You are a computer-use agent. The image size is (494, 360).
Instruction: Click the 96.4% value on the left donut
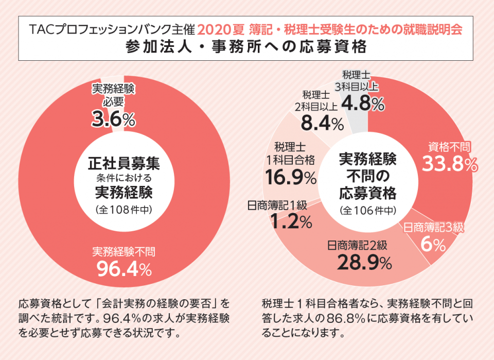pyautogui.click(x=123, y=268)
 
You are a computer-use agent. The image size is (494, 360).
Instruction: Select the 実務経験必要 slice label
pyautogui.click(x=113, y=94)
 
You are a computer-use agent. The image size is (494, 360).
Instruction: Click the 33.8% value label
pyautogui.click(x=450, y=164)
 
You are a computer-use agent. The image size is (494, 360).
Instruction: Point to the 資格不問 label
pyautogui.click(x=449, y=147)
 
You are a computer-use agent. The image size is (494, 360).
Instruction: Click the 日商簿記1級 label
pyautogui.click(x=277, y=205)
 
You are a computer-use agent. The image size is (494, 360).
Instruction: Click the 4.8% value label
pyautogui.click(x=363, y=104)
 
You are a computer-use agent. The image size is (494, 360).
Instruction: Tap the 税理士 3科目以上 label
pyautogui.click(x=356, y=81)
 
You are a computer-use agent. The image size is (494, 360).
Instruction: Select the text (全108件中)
pyautogui.click(x=123, y=210)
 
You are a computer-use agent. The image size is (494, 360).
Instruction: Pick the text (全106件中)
pyautogui.click(x=367, y=210)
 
